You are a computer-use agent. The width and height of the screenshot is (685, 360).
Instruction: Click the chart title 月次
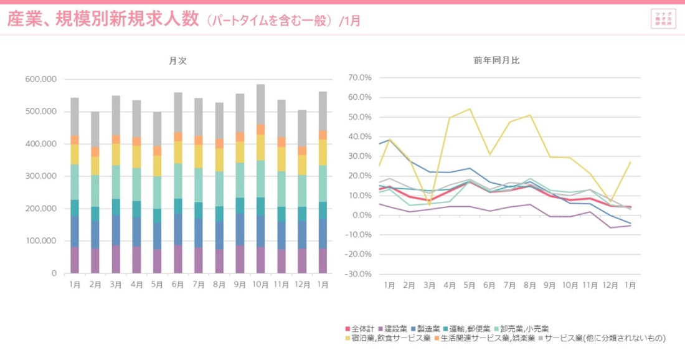click(177, 61)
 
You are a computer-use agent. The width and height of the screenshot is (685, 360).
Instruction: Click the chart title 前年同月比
click(496, 61)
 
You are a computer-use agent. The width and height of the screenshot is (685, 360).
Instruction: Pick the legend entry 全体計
click(362, 328)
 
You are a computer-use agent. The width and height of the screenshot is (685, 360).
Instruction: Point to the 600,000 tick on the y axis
click(41, 79)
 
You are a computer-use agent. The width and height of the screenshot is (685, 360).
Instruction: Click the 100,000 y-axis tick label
click(41, 241)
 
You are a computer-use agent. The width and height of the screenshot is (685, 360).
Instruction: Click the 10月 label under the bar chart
click(260, 285)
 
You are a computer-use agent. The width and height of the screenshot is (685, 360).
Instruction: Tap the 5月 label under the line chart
click(469, 285)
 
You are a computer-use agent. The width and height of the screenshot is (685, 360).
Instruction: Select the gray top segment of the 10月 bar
click(260, 104)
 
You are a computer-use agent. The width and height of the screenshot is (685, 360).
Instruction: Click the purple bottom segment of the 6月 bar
click(178, 258)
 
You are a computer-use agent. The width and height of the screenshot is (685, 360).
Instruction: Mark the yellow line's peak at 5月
click(469, 109)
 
